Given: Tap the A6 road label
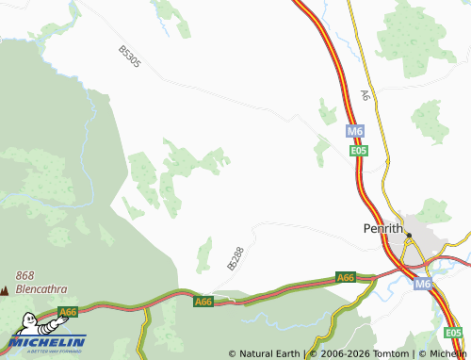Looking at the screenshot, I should [x=365, y=96].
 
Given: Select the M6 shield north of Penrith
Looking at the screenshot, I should [x=354, y=132].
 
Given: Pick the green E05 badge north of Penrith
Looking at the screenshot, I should [x=358, y=151].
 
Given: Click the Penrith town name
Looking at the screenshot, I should [x=383, y=228].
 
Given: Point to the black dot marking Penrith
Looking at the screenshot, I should [x=409, y=235].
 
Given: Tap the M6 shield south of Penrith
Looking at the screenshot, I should [x=423, y=283].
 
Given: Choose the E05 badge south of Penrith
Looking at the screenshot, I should [x=453, y=333].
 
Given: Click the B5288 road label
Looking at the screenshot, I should [x=235, y=258].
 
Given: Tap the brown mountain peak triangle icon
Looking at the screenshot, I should [x=6, y=290].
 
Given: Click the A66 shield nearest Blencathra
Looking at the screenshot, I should [x=67, y=312].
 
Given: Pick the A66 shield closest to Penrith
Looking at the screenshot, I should [x=346, y=278].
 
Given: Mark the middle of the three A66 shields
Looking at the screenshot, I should [x=203, y=302].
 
